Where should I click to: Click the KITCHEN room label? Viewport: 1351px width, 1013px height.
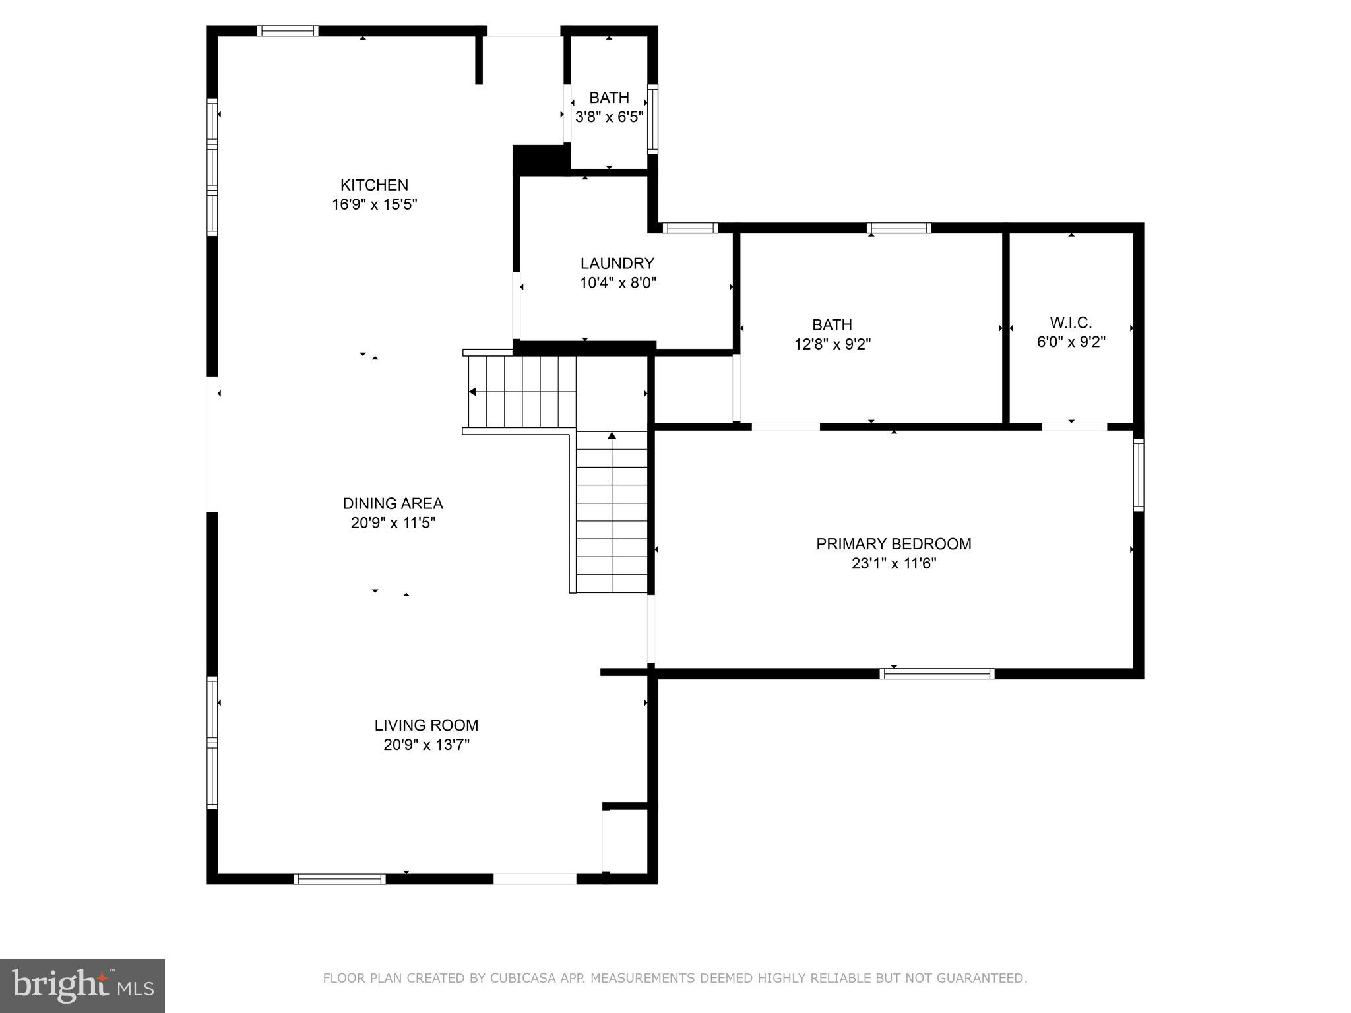point(374,185)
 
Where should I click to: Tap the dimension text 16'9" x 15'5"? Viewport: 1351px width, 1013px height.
point(374,204)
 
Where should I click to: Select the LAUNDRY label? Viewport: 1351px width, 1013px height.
point(617,264)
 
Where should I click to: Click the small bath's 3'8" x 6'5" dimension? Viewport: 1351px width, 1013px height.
point(609,117)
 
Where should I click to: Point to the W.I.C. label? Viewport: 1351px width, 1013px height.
point(1071,323)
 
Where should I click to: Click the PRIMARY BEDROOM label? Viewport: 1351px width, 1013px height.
point(893,544)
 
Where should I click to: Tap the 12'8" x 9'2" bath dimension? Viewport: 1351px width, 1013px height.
point(832,344)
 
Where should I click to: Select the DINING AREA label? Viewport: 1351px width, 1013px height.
point(393,504)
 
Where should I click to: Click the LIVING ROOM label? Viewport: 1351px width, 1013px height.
point(426,725)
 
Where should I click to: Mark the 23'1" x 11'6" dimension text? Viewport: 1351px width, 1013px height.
point(893,563)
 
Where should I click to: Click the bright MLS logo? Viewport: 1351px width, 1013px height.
point(82,985)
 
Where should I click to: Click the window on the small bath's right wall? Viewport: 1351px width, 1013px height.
point(652,119)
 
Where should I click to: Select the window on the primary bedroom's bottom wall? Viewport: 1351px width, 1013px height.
point(937,673)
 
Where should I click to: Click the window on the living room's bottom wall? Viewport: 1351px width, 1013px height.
point(340,878)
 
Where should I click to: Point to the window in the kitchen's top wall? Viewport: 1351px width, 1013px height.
point(288,31)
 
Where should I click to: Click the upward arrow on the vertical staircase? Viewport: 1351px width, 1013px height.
point(612,435)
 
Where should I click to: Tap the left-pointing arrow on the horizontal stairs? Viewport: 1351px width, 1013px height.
point(472,392)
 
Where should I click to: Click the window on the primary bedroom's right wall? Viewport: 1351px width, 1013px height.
point(1139,475)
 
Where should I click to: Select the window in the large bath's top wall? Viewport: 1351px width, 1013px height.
point(899,228)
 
